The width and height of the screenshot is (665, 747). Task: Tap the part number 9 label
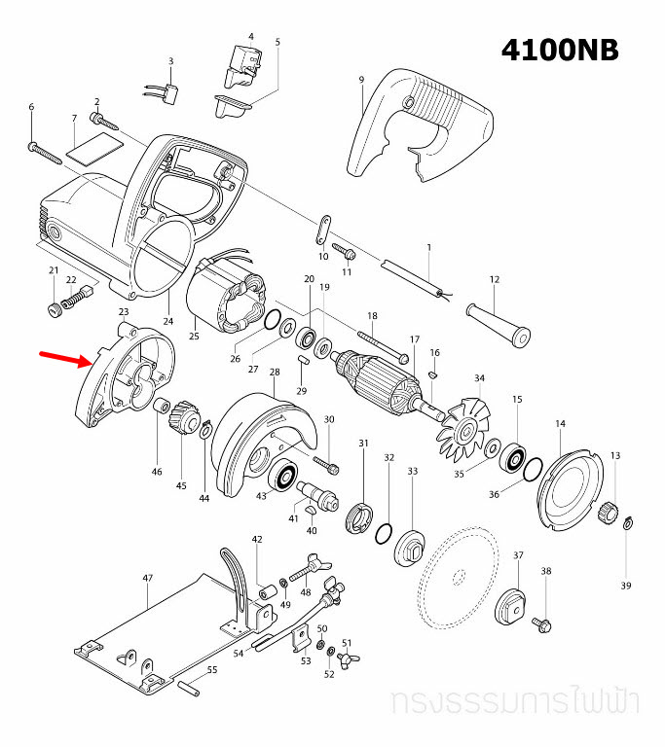point(360,79)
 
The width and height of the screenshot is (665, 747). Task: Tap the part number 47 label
point(148,578)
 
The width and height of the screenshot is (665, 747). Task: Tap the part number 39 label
point(626,586)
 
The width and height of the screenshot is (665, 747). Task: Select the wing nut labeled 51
point(344,659)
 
